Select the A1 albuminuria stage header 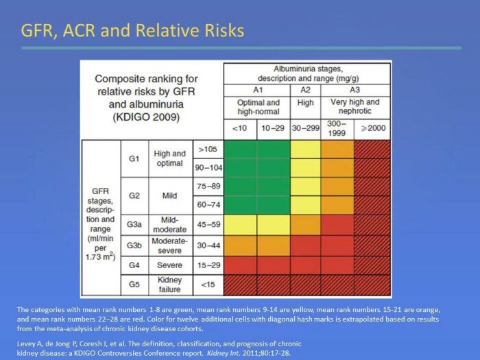click(x=257, y=89)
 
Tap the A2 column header click(x=306, y=89)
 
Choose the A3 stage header click(x=355, y=89)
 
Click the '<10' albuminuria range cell click(x=240, y=128)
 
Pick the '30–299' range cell click(x=306, y=128)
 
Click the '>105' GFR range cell click(x=206, y=149)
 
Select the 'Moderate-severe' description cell click(x=169, y=245)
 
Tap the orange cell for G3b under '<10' click(x=240, y=245)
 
